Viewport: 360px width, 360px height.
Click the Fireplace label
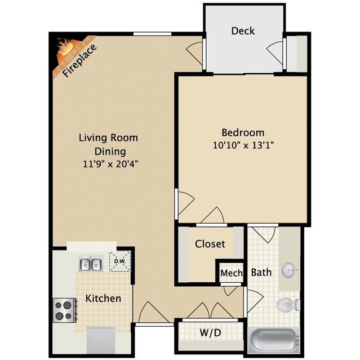click(x=79, y=60)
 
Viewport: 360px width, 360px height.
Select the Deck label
click(x=243, y=31)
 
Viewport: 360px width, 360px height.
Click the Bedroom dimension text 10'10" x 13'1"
click(x=243, y=145)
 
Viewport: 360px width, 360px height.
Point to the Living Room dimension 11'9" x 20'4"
click(x=110, y=164)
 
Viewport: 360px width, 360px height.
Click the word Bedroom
click(x=243, y=133)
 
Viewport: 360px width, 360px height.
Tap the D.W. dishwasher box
click(x=120, y=261)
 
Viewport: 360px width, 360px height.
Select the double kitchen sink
click(x=91, y=264)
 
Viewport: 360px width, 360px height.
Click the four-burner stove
click(x=65, y=310)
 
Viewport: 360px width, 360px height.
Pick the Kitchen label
click(x=103, y=299)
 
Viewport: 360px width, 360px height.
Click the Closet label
click(x=210, y=244)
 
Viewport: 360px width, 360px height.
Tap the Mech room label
click(x=231, y=273)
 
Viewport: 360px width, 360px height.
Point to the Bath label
click(x=261, y=272)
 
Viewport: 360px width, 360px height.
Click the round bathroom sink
click(x=288, y=269)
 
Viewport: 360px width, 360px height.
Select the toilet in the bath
click(x=288, y=305)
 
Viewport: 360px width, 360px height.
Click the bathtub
click(x=274, y=340)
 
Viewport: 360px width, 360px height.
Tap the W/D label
click(x=210, y=332)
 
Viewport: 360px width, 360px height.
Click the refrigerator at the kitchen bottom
click(x=101, y=340)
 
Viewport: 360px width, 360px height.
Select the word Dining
click(x=110, y=152)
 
